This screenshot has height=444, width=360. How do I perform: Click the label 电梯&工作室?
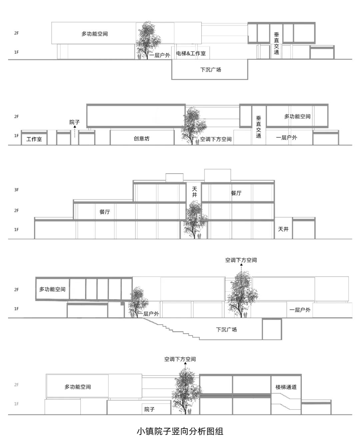click(191, 53)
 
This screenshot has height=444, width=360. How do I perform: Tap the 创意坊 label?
click(142, 138)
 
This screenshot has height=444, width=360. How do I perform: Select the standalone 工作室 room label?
click(34, 139)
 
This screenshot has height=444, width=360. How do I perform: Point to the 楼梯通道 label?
click(286, 387)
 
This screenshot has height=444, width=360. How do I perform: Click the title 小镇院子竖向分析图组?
click(180, 431)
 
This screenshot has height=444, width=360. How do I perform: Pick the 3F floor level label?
click(16, 190)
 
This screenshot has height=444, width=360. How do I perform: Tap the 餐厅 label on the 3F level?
click(236, 193)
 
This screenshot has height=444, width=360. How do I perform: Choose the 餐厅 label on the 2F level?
click(105, 212)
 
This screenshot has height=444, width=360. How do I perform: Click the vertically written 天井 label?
click(194, 192)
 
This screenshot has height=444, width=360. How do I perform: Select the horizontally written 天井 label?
click(283, 229)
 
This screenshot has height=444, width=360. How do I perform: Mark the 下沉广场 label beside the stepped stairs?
click(226, 330)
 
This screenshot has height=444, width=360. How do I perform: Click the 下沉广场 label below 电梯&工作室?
click(211, 70)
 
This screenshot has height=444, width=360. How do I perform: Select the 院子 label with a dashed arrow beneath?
click(75, 122)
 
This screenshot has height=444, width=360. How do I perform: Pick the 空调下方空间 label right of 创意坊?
click(216, 139)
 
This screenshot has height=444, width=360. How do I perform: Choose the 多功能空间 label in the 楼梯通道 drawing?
click(78, 387)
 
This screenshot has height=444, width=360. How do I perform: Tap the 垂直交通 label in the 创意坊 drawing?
click(259, 127)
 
